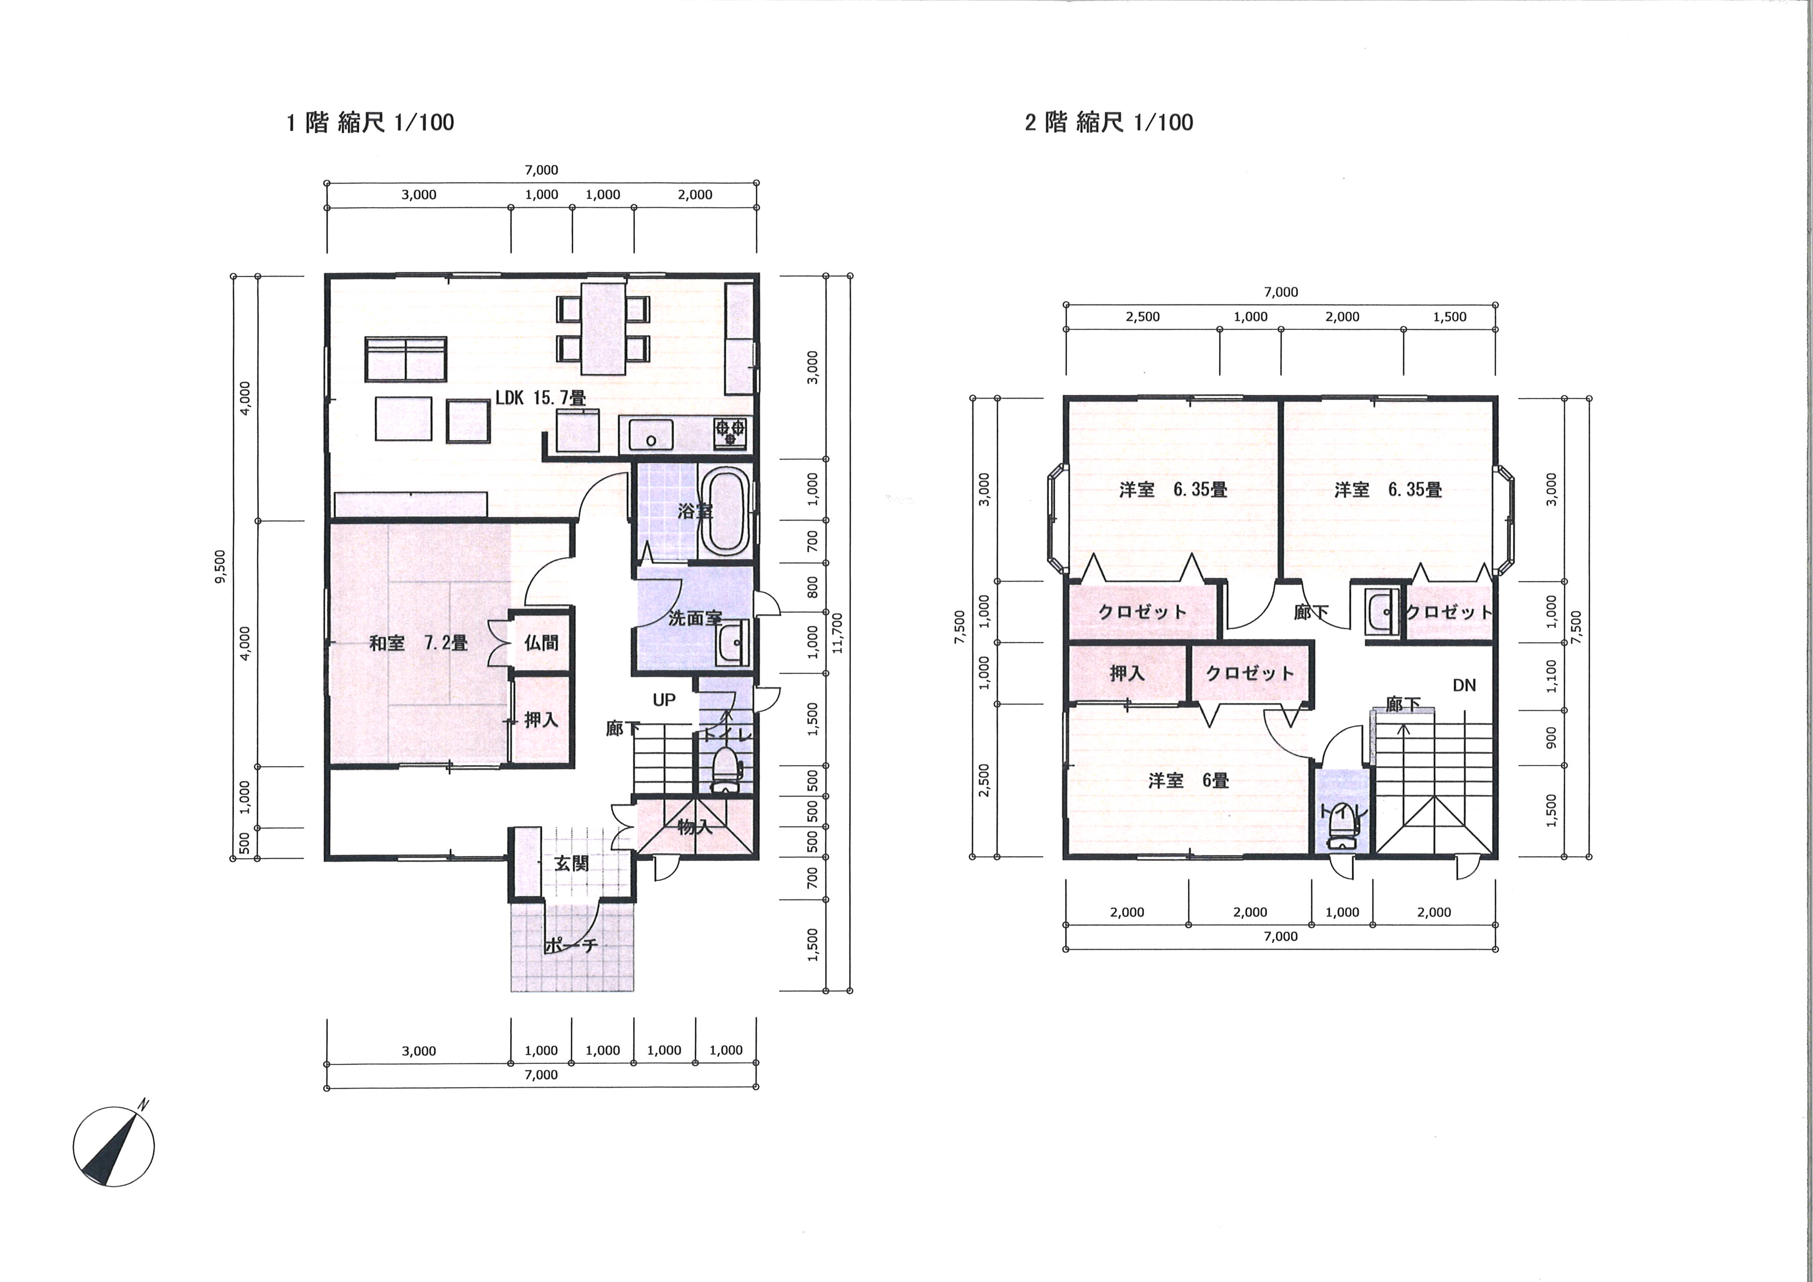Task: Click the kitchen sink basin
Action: tap(651, 435)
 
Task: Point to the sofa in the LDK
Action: tap(406, 359)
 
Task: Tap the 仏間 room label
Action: tap(541, 643)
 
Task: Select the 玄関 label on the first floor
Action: tap(571, 864)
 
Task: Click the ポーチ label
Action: tap(570, 945)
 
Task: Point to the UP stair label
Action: tap(664, 699)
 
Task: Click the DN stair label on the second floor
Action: tap(1464, 685)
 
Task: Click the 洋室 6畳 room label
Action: tap(1189, 781)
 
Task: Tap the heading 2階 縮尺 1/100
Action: tap(1109, 123)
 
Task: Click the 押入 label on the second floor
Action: tap(1127, 674)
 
